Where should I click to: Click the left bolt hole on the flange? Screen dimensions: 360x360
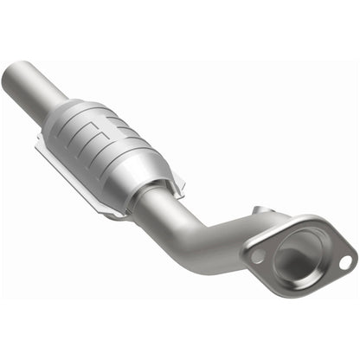[257, 256]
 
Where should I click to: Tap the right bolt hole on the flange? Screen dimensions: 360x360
[344, 260]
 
